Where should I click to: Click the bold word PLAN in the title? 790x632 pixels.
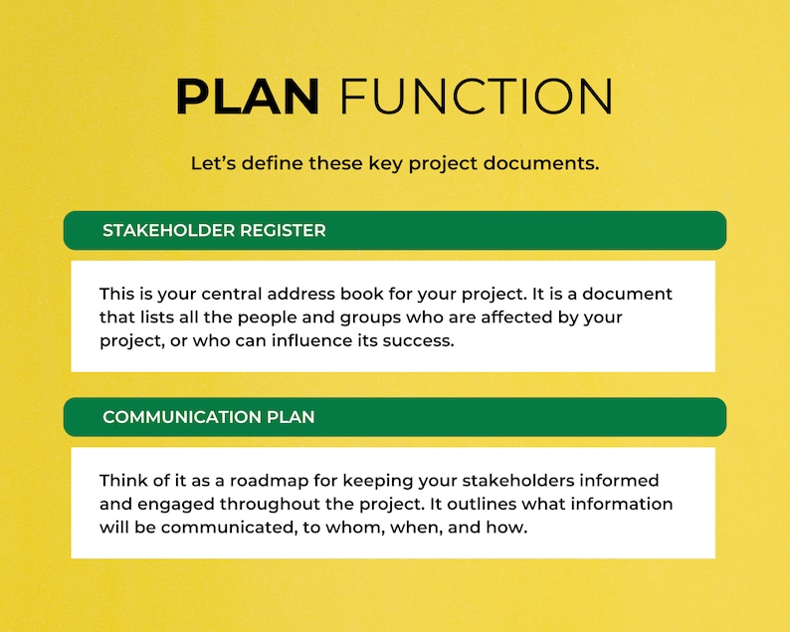pyautogui.click(x=247, y=96)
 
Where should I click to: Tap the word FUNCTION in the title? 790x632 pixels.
pyautogui.click(x=476, y=96)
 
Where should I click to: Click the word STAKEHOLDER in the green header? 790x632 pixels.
pyautogui.click(x=168, y=231)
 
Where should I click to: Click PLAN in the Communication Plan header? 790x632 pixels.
pyautogui.click(x=290, y=417)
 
